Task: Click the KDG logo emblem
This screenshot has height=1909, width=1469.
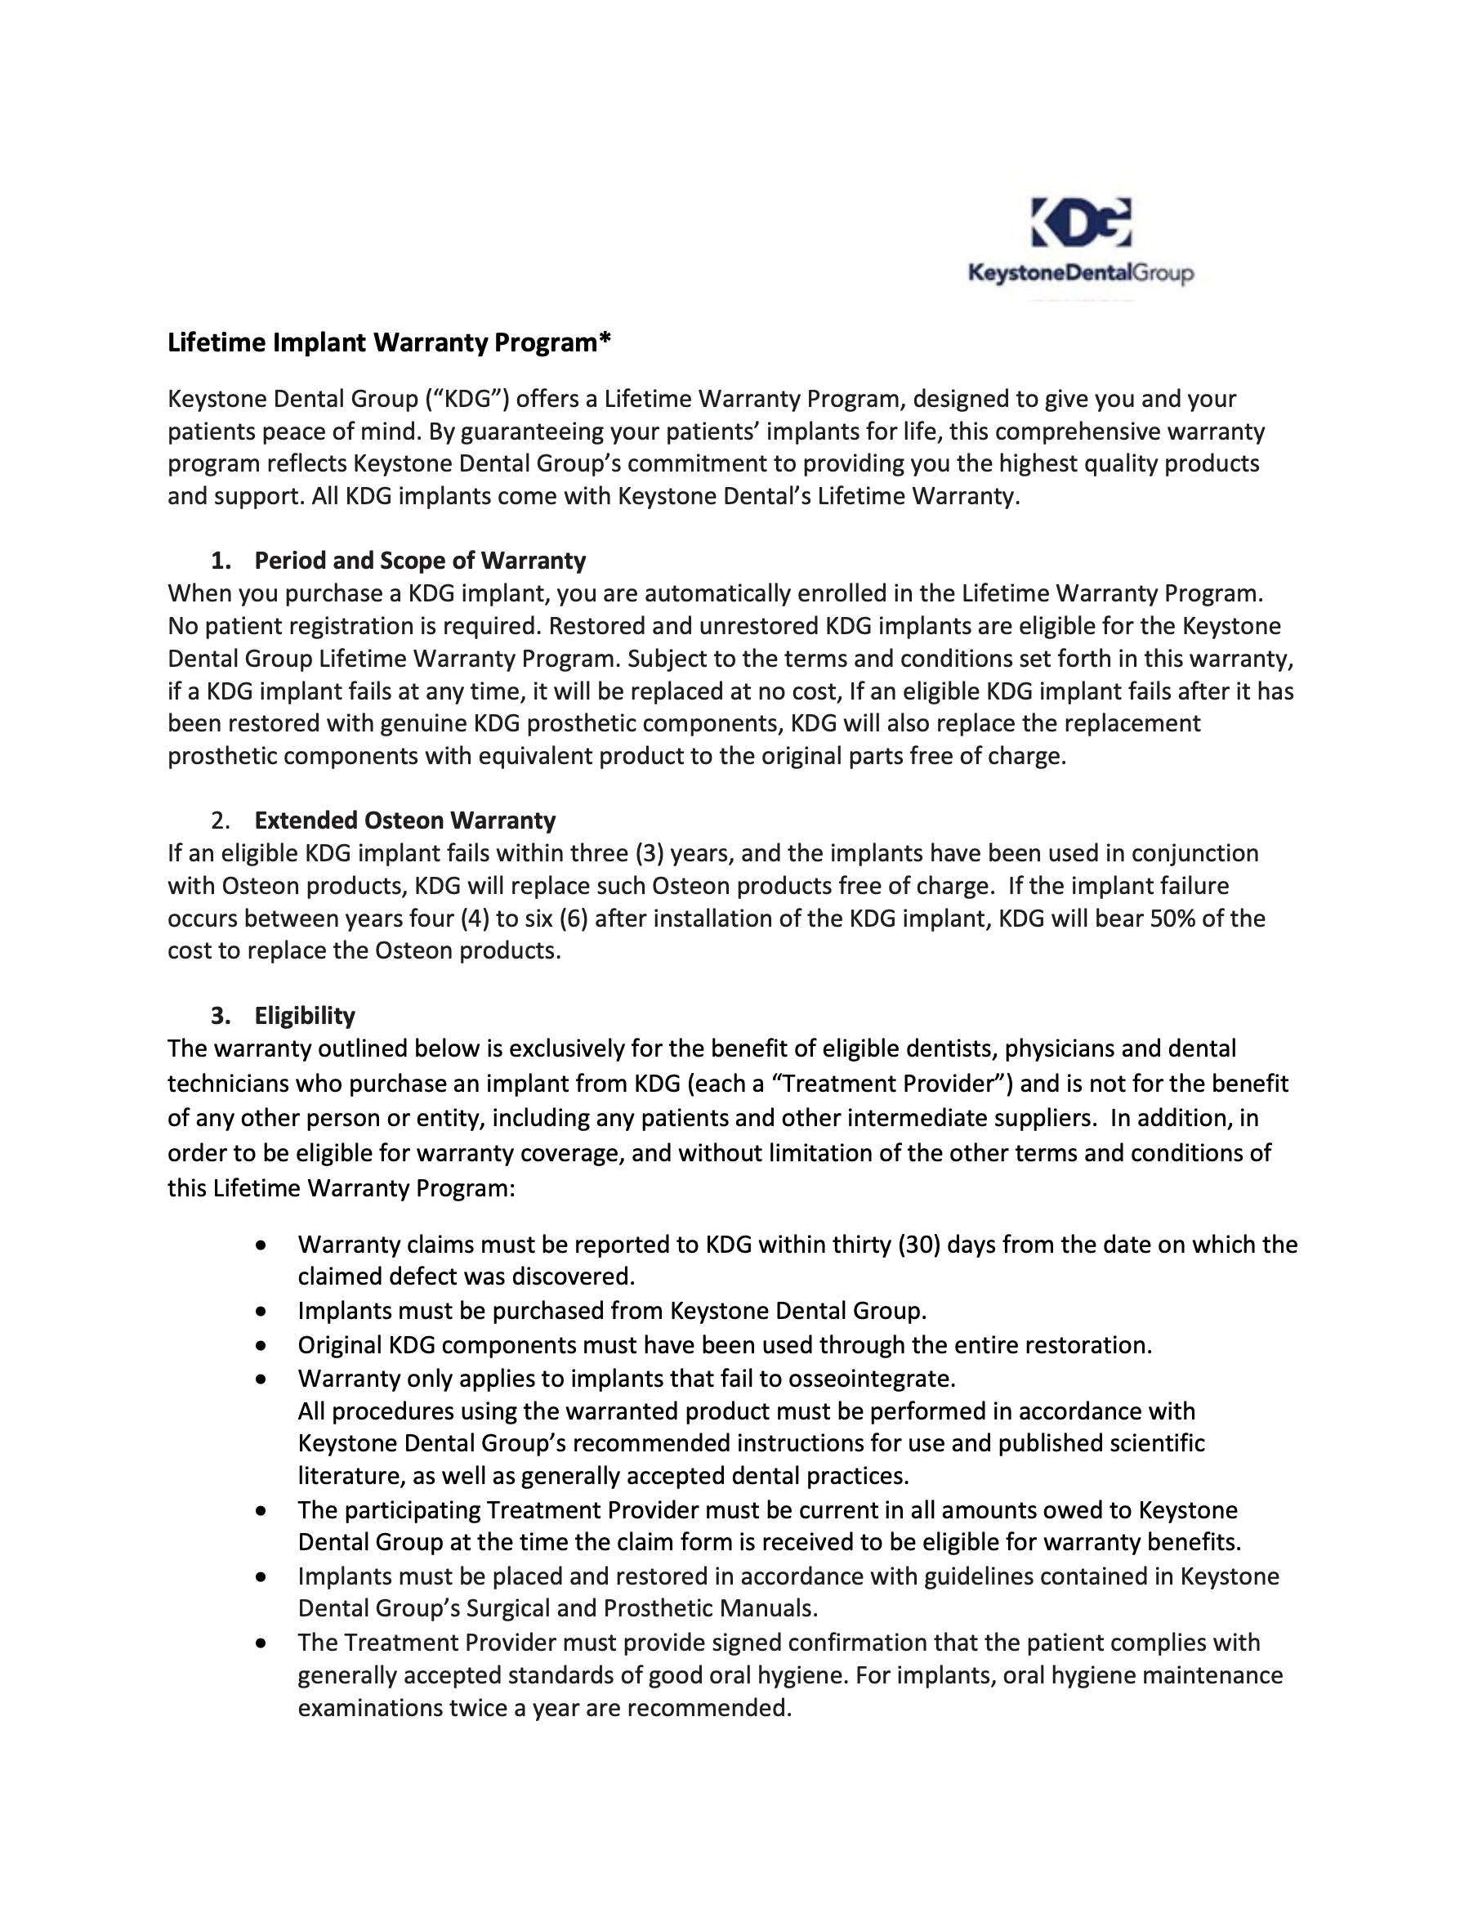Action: [1080, 223]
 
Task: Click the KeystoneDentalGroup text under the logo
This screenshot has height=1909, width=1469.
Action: [1080, 275]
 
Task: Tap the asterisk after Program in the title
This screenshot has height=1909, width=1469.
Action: [605, 339]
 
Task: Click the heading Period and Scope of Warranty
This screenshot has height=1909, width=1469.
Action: [419, 561]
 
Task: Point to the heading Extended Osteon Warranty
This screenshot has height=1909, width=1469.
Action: [404, 820]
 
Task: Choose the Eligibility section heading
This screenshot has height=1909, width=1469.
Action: [304, 1016]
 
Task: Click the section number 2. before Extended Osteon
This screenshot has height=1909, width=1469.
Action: [221, 820]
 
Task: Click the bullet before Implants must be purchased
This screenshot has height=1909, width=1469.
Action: [261, 1311]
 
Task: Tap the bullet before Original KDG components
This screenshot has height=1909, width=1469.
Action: [261, 1345]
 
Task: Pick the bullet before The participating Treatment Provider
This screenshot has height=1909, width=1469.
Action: [261, 1510]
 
